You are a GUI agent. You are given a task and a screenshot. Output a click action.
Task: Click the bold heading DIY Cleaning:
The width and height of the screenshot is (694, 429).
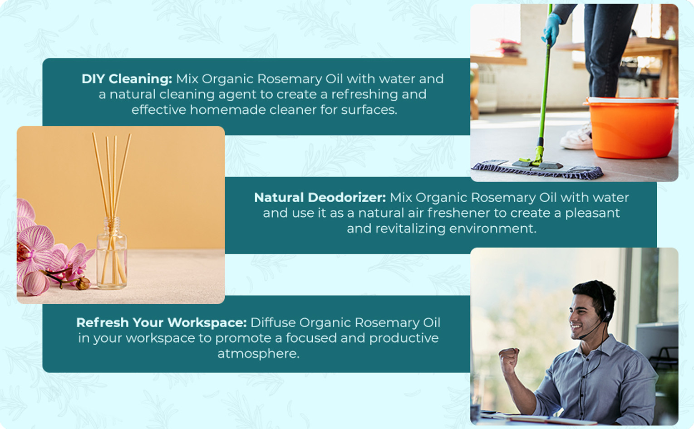click(x=127, y=79)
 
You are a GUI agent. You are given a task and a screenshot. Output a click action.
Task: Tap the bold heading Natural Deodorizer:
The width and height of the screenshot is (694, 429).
click(x=320, y=198)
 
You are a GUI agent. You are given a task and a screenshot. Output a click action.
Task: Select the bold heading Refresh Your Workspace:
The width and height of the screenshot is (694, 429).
click(x=162, y=323)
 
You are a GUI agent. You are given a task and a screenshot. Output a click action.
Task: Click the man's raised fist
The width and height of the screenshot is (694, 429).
click(x=509, y=359)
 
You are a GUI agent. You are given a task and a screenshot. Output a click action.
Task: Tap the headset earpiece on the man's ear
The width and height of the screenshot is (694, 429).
click(x=605, y=316)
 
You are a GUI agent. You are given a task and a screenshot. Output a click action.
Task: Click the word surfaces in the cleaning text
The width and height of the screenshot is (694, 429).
click(x=369, y=110)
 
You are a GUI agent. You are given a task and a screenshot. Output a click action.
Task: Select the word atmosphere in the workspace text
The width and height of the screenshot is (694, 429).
click(x=258, y=354)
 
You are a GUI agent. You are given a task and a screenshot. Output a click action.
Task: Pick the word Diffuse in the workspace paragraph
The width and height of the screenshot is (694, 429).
click(x=273, y=323)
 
